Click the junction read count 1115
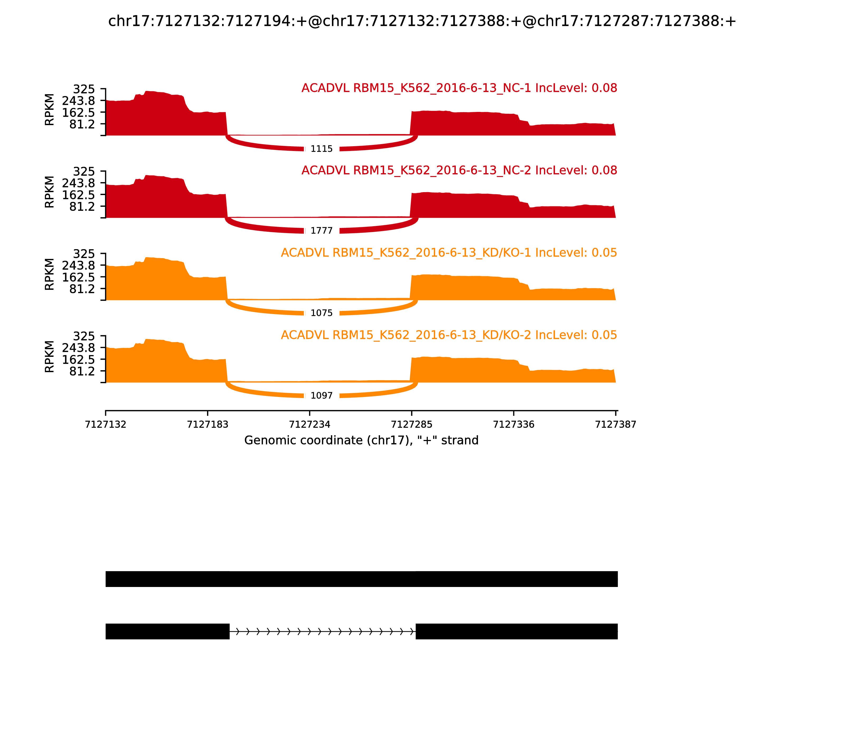coord(321,149)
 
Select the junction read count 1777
coord(321,231)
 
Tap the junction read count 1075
coord(321,313)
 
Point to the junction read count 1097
coord(321,396)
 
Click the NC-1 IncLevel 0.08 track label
coord(459,88)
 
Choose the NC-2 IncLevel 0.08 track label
coord(459,170)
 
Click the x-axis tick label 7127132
coord(106,424)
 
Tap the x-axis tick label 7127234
coord(309,424)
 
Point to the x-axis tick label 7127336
coord(514,424)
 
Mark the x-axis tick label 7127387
coord(616,424)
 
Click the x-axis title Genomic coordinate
coord(362,440)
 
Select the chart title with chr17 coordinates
coord(422,21)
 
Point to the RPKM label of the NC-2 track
coord(49,192)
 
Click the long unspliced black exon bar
coord(362,579)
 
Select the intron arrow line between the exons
coord(322,631)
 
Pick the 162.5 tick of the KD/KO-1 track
coord(78,277)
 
